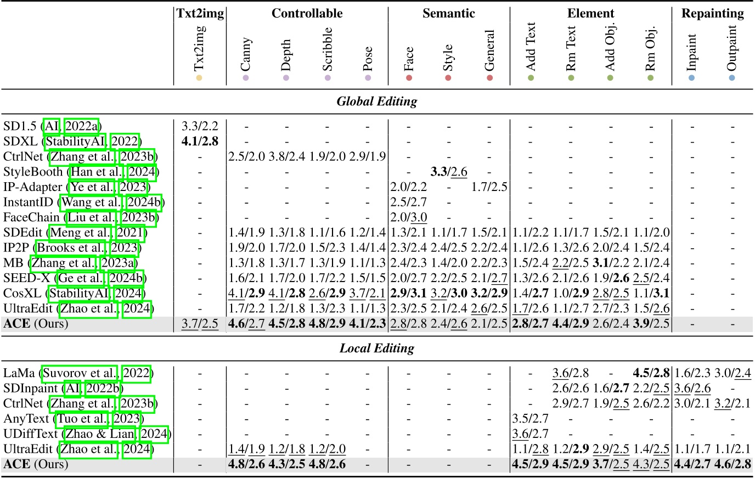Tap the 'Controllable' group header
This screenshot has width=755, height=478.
[307, 14]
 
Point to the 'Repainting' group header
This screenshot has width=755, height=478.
[712, 14]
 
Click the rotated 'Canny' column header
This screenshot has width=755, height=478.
[245, 54]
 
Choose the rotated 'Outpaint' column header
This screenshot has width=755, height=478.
[731, 48]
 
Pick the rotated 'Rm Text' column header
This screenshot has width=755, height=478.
[571, 48]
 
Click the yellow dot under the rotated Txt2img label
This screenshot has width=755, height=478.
[199, 78]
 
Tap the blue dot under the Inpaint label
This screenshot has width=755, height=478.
[691, 78]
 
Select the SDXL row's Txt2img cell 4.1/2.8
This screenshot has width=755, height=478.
[200, 142]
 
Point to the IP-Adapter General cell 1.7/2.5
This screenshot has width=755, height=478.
[489, 187]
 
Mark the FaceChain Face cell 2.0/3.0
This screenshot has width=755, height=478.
[408, 218]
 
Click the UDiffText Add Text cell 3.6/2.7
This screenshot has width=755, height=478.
[530, 434]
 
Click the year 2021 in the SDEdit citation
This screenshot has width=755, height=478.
[130, 233]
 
